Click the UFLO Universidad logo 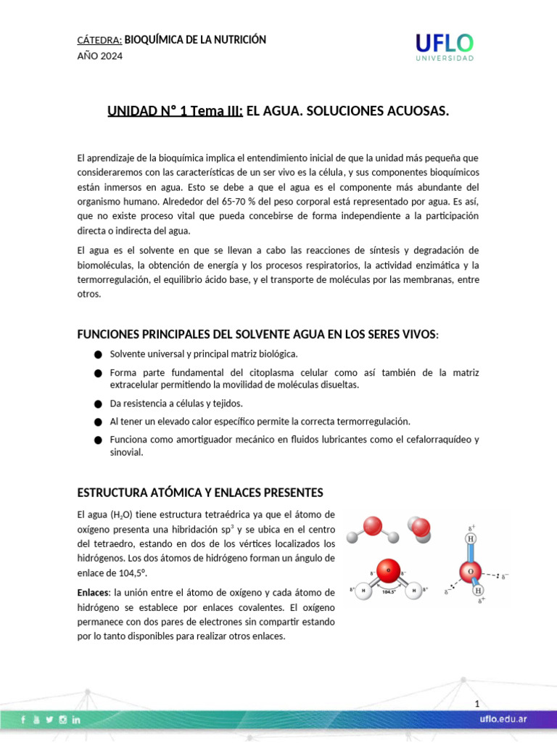(445, 47)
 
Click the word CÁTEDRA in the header (99, 40)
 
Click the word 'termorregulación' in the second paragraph (116, 279)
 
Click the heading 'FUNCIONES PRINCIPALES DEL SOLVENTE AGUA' (257, 333)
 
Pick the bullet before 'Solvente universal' (98, 354)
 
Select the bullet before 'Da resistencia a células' (98, 403)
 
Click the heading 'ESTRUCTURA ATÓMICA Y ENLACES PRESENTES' (200, 493)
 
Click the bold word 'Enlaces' (93, 593)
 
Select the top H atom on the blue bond (471, 539)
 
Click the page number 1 (477, 705)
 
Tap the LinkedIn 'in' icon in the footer (76, 720)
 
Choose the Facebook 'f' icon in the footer (22, 720)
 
